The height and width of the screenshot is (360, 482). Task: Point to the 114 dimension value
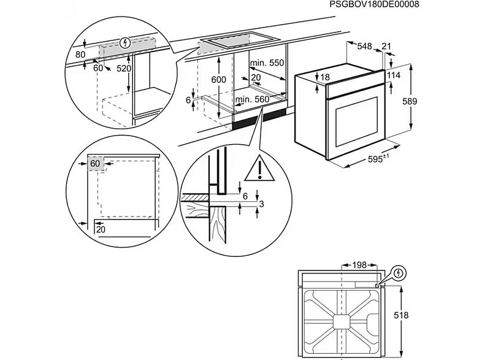pyautogui.click(x=394, y=75)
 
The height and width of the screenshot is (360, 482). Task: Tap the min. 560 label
pyautogui.click(x=252, y=99)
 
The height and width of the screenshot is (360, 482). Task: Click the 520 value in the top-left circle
pyautogui.click(x=124, y=69)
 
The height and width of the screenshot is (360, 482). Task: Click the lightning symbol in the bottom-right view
pyautogui.click(x=399, y=272)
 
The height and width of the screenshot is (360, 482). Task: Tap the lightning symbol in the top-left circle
pyautogui.click(x=125, y=43)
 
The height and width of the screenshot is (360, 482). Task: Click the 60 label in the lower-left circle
pyautogui.click(x=95, y=164)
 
